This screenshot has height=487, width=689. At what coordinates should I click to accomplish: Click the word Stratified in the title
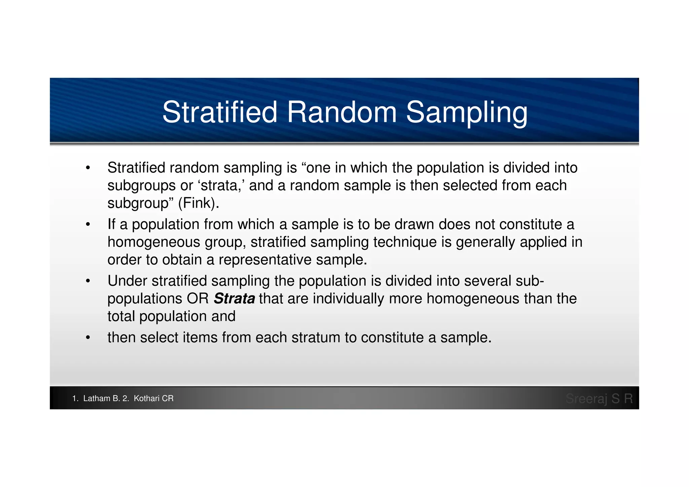point(220,112)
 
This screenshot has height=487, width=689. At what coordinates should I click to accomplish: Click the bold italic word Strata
point(234,299)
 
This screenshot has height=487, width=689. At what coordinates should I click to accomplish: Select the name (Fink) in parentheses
point(198,203)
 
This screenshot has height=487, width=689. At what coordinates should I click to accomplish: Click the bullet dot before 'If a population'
point(88,224)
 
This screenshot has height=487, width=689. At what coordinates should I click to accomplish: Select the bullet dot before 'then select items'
point(88,338)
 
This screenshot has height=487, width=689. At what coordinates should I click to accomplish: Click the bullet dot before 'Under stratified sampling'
point(88,281)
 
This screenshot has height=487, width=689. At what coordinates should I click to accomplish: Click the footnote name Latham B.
point(101,398)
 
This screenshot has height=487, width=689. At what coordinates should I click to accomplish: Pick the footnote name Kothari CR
point(153,398)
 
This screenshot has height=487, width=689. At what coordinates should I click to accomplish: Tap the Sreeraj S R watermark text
point(599,398)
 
